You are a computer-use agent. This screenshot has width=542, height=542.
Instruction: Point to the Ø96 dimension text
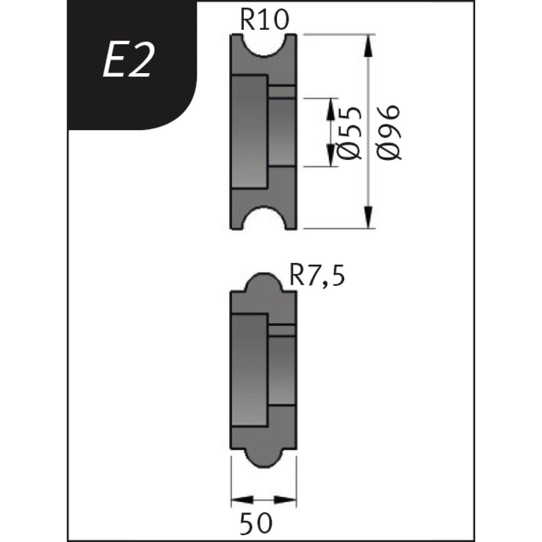tap(391, 132)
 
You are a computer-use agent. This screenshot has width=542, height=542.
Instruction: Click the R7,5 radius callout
tap(317, 276)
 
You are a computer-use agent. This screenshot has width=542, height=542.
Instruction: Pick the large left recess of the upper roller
tap(249, 132)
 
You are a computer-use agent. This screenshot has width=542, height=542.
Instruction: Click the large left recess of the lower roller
tap(249, 370)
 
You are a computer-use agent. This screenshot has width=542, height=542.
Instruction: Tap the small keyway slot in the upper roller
tap(281, 91)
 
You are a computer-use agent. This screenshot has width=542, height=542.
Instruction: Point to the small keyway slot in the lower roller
tap(281, 330)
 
